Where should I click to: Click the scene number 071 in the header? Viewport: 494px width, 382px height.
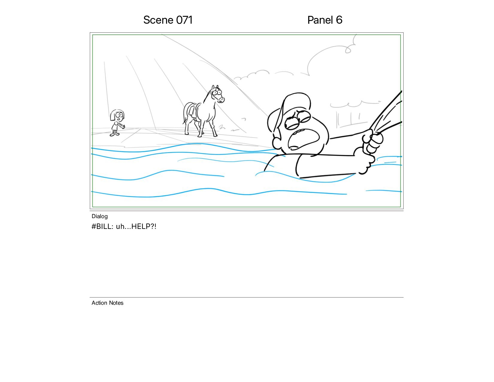click(184, 20)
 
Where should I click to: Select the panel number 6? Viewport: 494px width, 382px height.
click(339, 20)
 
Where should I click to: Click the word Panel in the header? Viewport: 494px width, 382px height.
click(320, 20)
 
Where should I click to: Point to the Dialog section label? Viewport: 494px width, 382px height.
click(100, 216)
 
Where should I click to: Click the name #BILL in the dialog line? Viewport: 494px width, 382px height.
click(102, 227)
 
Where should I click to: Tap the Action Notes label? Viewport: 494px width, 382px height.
click(107, 303)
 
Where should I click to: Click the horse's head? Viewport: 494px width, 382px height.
click(217, 94)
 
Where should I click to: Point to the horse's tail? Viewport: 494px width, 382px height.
click(186, 113)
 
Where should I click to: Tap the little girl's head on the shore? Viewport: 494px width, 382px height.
click(117, 116)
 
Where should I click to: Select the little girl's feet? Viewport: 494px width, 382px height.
click(114, 134)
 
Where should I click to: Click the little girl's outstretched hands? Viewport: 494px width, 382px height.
click(123, 126)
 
